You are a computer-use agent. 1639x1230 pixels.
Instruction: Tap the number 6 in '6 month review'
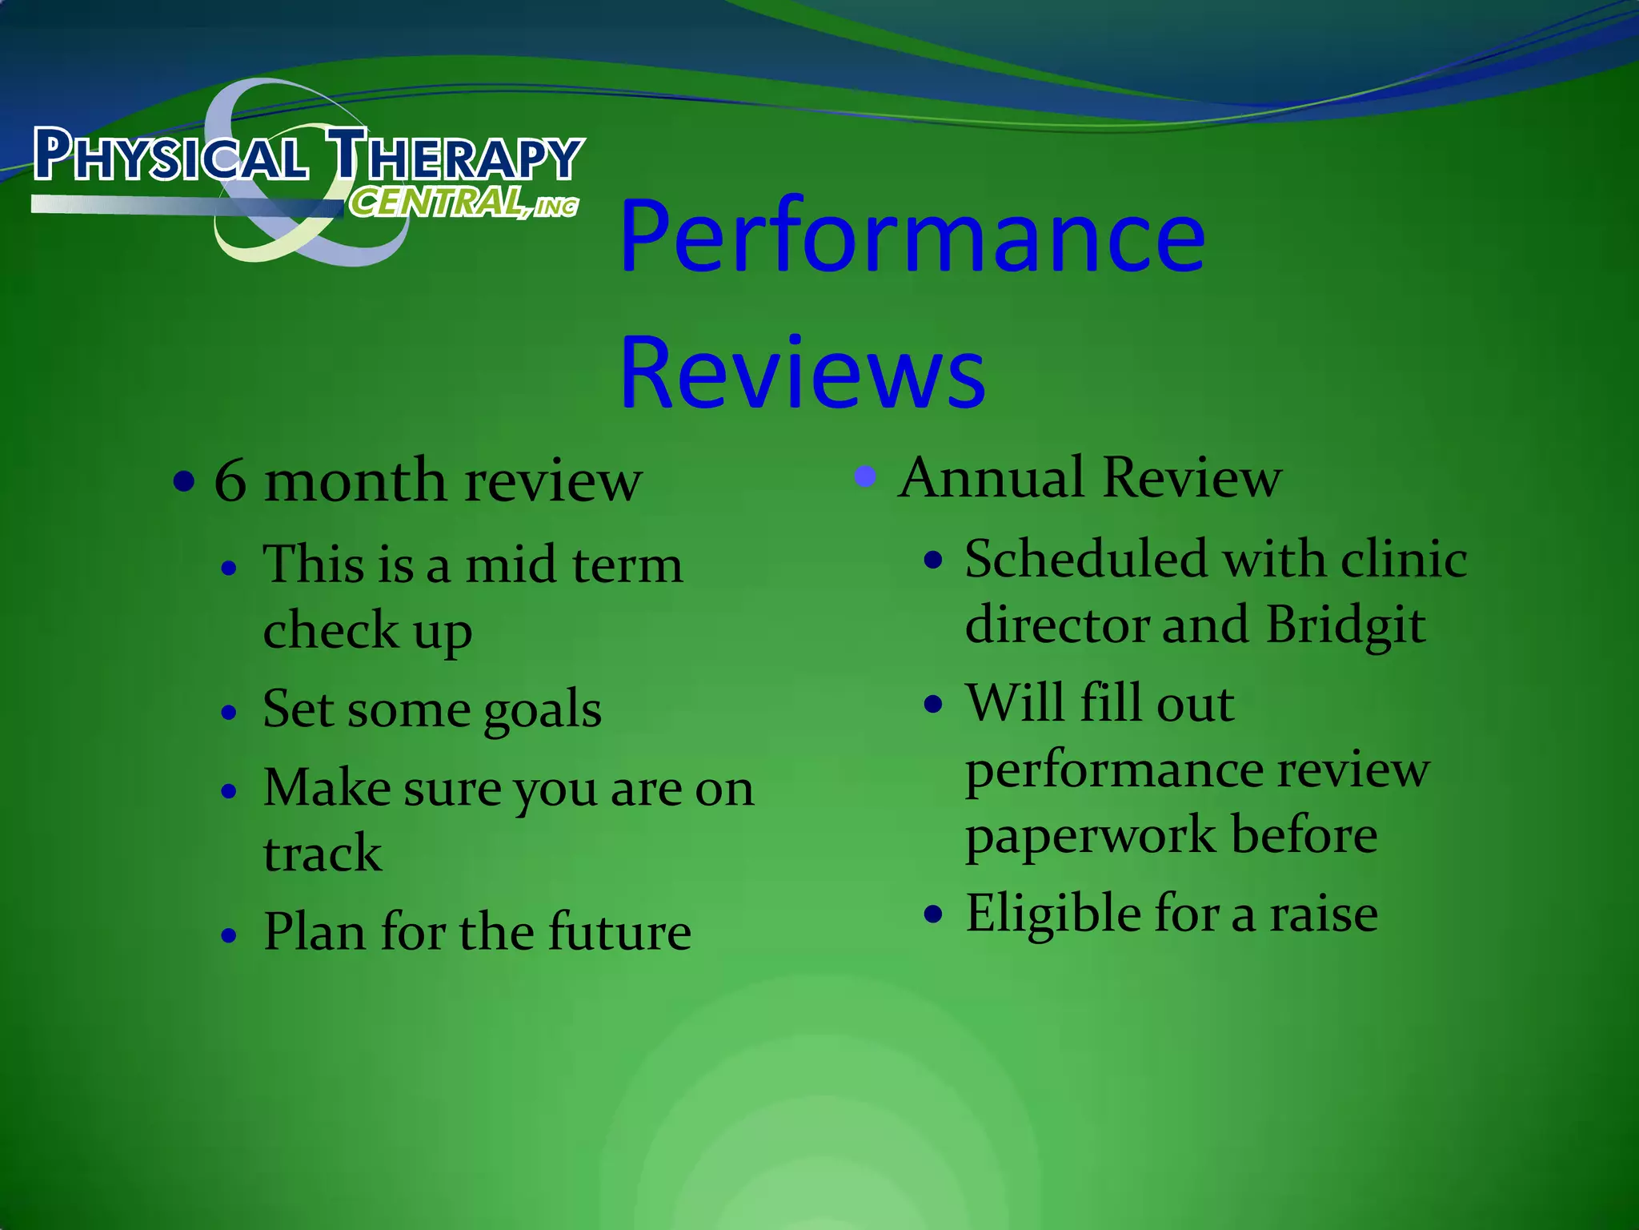pyautogui.click(x=230, y=482)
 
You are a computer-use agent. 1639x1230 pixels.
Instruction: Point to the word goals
pyautogui.click(x=543, y=710)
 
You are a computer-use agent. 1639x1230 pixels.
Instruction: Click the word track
pyautogui.click(x=323, y=853)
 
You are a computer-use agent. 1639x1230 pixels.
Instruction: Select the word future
pyautogui.click(x=619, y=932)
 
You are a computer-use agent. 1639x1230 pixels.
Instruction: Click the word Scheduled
pyautogui.click(x=1085, y=559)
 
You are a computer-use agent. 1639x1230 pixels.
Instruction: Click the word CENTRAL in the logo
pyautogui.click(x=436, y=203)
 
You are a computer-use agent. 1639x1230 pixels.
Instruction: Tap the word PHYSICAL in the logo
pyautogui.click(x=170, y=155)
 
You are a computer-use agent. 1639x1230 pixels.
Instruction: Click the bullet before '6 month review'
pyautogui.click(x=184, y=482)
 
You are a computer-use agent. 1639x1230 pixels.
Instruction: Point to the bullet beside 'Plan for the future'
pyautogui.click(x=230, y=935)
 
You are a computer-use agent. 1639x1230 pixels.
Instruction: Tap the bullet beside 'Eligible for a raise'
pyautogui.click(x=933, y=914)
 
